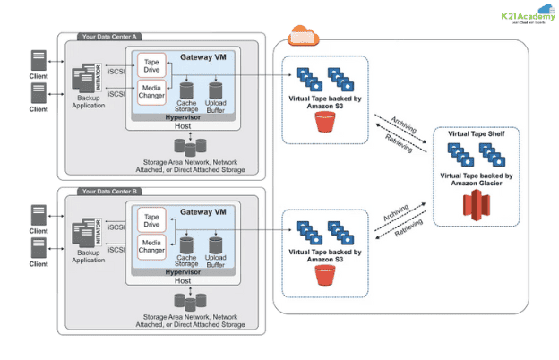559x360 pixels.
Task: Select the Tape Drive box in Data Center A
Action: click(151, 66)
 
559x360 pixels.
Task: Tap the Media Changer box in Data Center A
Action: click(151, 92)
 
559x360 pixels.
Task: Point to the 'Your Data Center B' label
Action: click(107, 192)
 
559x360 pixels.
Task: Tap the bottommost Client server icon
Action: click(39, 246)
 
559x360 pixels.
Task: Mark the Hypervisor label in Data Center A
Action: click(183, 116)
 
